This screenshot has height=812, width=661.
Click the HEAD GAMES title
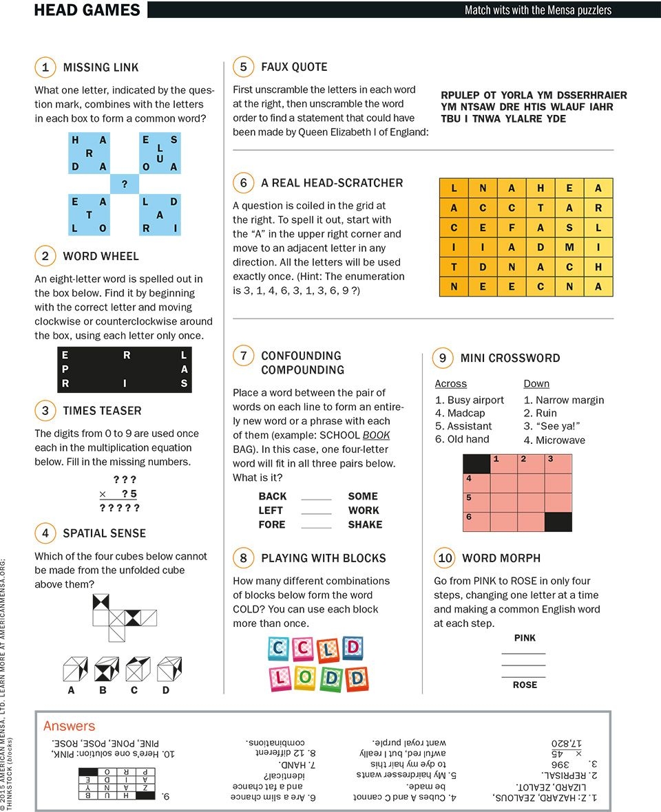[x=87, y=10]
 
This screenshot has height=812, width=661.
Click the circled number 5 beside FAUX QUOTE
[x=244, y=67]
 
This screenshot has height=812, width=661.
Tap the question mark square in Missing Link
[x=125, y=184]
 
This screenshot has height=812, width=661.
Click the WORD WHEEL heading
[x=101, y=256]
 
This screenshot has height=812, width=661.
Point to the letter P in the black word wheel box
[x=65, y=370]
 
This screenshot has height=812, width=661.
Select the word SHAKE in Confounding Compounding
[x=365, y=524]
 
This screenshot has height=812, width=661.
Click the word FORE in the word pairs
[x=272, y=524]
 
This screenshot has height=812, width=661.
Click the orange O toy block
[x=306, y=679]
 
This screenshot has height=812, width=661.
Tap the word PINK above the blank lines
[x=525, y=638]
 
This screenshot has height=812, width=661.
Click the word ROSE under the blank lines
[x=525, y=685]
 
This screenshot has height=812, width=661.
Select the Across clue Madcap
[x=466, y=413]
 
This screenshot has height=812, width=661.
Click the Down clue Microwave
[x=560, y=440]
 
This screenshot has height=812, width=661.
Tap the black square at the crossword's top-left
[x=476, y=464]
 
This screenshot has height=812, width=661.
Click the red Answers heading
[x=69, y=726]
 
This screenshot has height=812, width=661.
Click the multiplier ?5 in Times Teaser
[x=129, y=493]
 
